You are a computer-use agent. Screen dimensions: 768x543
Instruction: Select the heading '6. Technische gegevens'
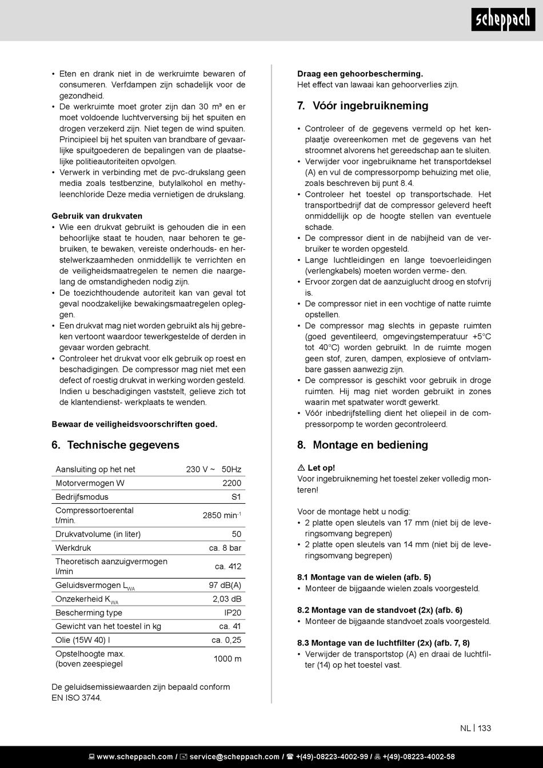115,445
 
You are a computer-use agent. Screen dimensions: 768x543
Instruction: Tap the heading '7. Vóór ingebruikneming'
362,106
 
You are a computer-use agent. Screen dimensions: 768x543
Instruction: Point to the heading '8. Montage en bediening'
362,445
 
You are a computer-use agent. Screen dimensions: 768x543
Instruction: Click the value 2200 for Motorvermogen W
231,483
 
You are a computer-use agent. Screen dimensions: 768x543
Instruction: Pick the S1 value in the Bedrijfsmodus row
236,497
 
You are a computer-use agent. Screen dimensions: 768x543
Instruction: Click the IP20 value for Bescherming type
233,612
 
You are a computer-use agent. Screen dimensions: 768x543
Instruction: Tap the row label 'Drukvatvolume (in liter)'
98,534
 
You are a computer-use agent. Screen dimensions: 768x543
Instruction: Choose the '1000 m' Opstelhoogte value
227,659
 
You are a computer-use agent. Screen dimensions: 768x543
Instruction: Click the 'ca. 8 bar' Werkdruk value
225,548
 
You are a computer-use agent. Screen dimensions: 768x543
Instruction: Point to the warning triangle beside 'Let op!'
301,468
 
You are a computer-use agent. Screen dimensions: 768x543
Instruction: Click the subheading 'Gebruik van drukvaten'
97,216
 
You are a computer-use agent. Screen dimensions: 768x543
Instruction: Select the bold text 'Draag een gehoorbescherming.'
360,74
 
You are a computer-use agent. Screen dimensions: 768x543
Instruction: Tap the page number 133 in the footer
485,728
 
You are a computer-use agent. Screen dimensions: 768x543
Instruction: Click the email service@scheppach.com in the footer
234,757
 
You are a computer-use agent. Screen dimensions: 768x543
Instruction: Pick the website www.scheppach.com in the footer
134,757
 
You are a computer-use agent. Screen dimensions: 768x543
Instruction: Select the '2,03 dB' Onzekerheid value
227,599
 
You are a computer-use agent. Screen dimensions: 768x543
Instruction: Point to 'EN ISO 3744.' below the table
77,698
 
